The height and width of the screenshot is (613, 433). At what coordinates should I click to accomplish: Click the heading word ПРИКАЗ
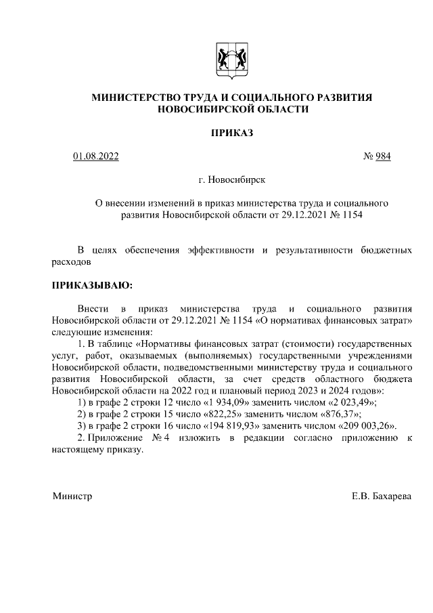(x=231, y=133)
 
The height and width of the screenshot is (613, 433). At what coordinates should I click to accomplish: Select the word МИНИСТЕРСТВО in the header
(x=132, y=98)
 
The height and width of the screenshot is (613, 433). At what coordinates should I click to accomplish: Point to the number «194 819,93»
(x=236, y=425)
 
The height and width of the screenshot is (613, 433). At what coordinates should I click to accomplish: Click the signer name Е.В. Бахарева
(x=381, y=496)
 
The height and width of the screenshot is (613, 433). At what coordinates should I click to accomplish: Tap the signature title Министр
(x=72, y=496)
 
